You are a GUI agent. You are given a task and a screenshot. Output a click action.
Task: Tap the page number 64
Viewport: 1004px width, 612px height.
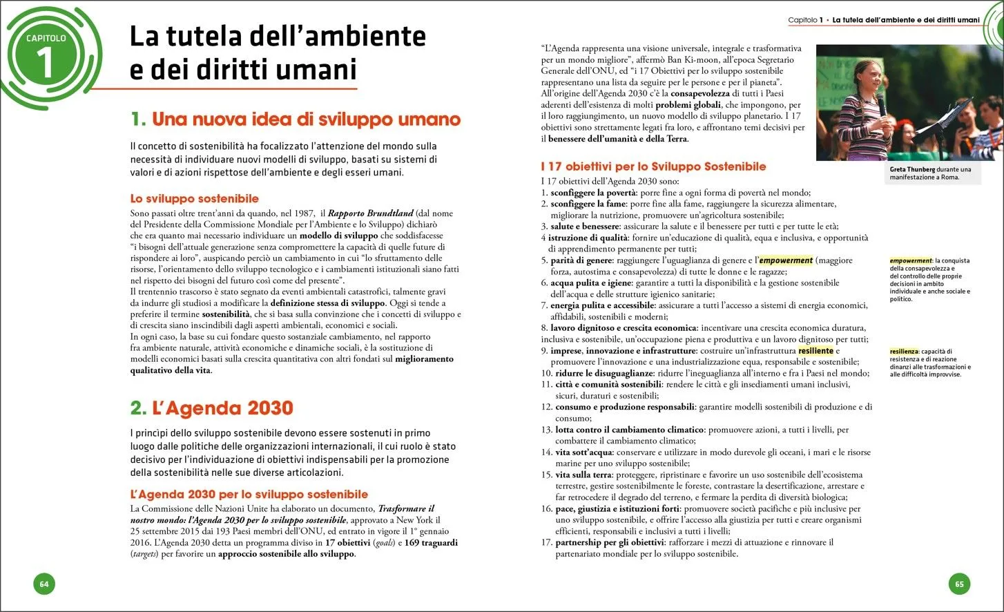point(44,584)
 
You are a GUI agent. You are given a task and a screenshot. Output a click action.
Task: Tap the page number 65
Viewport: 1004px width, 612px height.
point(959,584)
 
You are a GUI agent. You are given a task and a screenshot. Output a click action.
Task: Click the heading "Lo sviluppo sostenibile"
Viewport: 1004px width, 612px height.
point(195,199)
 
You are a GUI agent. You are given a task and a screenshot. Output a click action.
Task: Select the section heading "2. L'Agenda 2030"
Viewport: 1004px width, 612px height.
point(212,408)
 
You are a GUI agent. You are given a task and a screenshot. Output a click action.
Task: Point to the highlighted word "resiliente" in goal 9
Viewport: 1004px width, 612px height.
point(815,351)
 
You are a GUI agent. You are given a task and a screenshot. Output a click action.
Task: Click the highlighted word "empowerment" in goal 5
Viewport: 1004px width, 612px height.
point(786,260)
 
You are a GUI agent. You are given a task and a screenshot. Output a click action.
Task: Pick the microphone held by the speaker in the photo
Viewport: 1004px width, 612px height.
point(881,103)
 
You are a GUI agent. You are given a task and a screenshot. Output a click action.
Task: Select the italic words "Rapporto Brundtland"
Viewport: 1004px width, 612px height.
point(370,213)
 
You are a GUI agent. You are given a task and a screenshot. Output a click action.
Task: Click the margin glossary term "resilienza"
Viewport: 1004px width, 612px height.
point(904,352)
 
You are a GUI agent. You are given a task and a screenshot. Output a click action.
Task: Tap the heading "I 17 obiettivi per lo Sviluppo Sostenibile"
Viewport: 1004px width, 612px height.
point(653,166)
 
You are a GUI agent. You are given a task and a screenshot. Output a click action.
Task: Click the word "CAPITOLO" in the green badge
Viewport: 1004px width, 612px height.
point(46,38)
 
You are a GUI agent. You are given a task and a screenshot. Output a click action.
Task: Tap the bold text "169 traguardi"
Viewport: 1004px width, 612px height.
point(431,543)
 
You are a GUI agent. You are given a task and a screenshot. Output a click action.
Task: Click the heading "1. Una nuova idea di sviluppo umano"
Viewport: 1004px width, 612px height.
point(296,119)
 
